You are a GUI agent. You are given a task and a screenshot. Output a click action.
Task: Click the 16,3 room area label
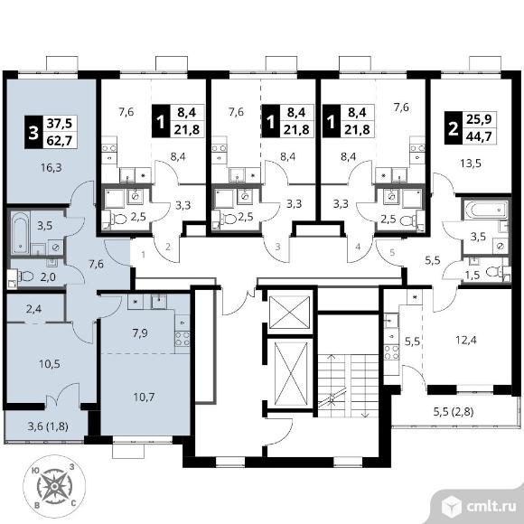coord(51,168)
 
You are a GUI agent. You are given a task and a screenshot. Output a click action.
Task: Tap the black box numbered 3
coord(33,132)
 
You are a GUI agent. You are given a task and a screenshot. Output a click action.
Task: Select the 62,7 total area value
coord(60,141)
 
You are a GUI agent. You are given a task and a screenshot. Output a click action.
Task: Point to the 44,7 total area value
coord(480,136)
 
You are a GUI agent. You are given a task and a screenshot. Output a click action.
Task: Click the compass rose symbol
coord(54,486)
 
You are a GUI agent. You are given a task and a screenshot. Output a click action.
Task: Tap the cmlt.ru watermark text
coord(491,507)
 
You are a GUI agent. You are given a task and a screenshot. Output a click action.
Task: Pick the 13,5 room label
coord(470,164)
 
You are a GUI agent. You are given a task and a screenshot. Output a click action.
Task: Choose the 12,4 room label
coord(466,341)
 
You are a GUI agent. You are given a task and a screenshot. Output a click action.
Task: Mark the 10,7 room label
coord(144,398)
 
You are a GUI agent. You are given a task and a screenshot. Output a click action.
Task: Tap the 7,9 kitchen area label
coord(140,333)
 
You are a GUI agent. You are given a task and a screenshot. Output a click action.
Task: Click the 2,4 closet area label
coord(33,309)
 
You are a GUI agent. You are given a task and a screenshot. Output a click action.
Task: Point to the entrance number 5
coord(392,252)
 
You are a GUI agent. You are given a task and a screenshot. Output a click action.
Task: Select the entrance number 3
coord(277,248)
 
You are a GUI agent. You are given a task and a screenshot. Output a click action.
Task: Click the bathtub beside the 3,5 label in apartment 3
coord(20,232)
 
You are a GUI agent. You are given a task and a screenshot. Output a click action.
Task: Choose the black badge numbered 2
coord(454,128)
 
